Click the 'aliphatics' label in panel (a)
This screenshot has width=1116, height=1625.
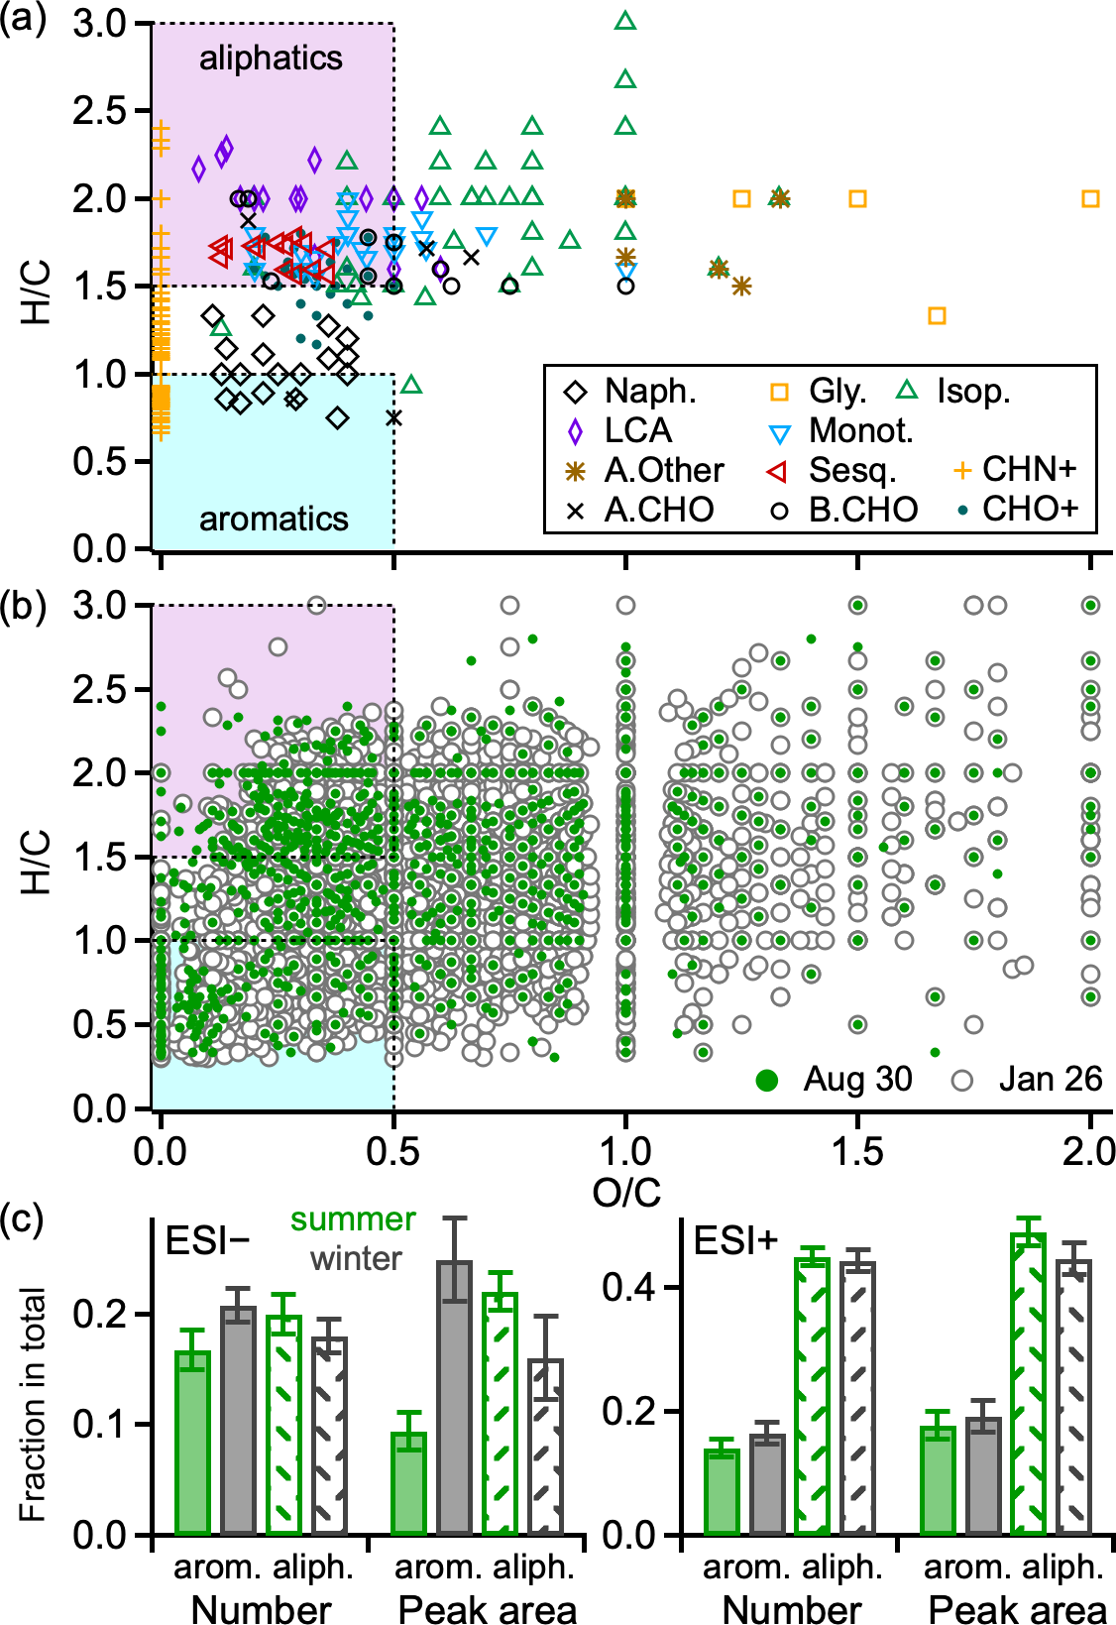271,58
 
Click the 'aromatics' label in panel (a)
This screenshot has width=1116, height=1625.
274,519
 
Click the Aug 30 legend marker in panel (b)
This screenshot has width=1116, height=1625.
766,1080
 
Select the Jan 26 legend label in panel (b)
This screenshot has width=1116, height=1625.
1050,1080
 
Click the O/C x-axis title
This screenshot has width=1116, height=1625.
626,1192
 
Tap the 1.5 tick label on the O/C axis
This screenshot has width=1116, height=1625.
857,1152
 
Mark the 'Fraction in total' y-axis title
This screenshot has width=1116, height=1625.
33,1404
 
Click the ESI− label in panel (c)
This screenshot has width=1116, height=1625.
207,1240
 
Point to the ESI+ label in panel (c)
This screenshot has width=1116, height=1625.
736,1240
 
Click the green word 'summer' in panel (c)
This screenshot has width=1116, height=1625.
353,1219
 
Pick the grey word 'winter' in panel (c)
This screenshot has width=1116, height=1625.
356,1259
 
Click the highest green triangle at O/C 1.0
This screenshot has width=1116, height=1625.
625,21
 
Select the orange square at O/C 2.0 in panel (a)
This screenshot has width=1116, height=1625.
1090,198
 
